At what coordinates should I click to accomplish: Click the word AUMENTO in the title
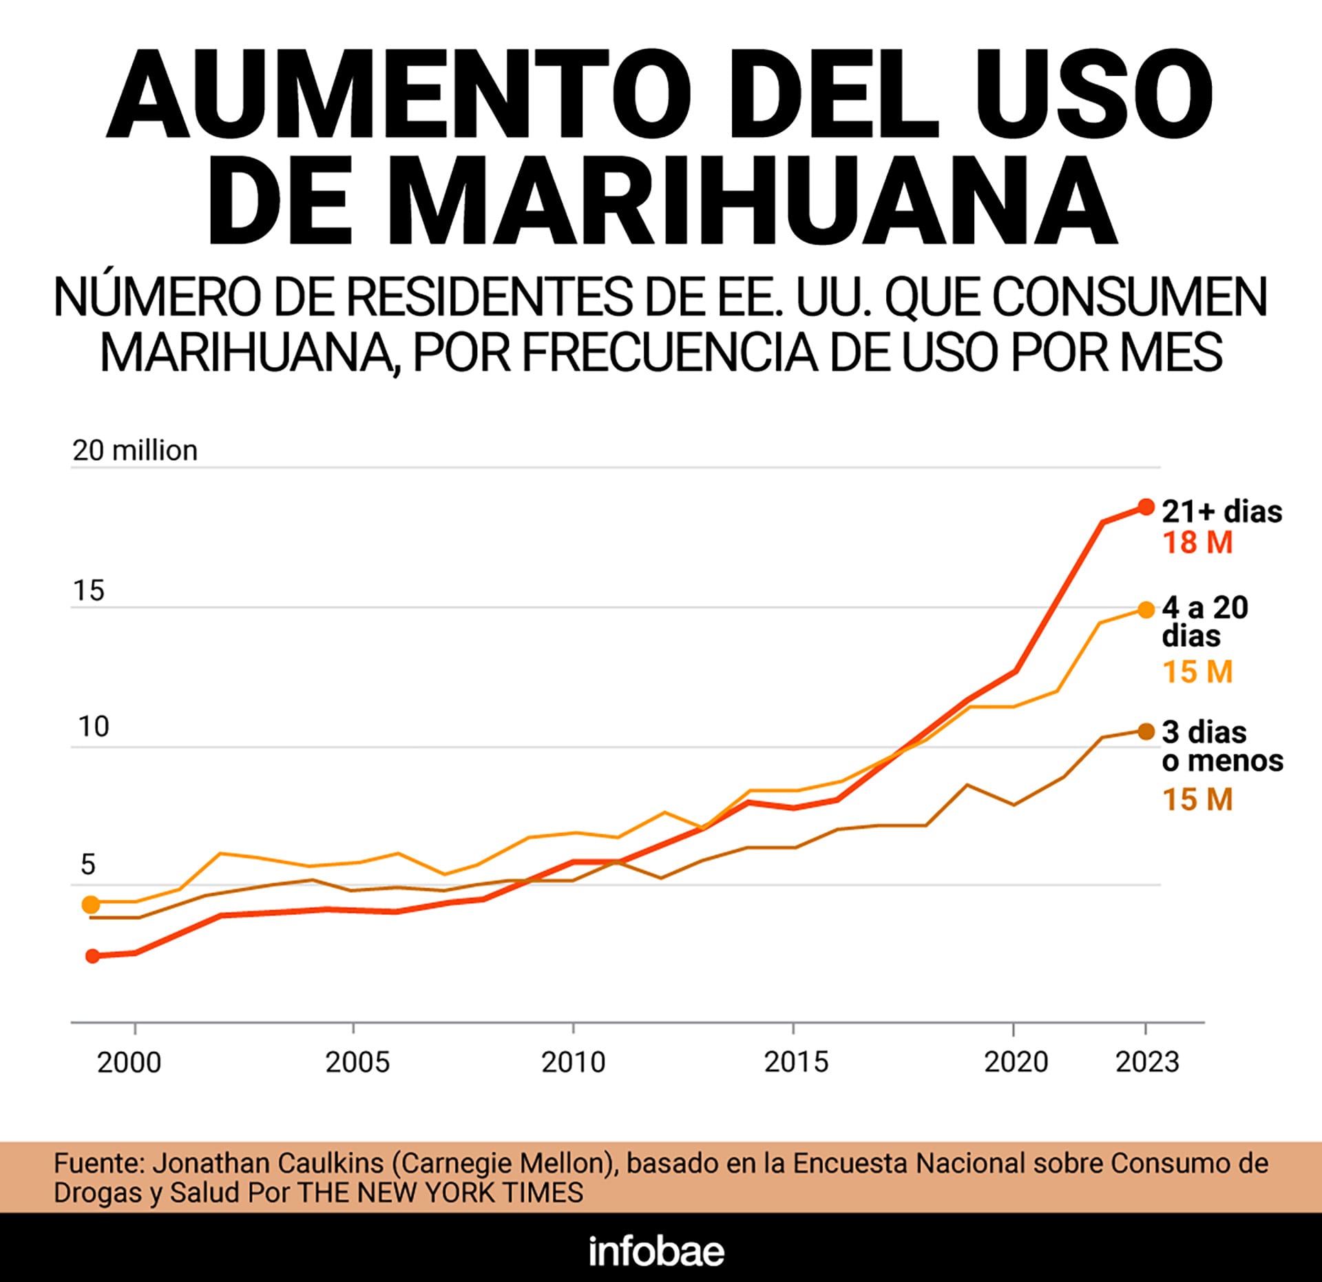point(399,95)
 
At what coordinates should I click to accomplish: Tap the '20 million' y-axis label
point(135,451)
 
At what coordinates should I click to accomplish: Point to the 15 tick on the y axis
point(88,591)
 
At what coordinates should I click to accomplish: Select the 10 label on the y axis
point(93,727)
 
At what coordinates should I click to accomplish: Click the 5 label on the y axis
point(87,865)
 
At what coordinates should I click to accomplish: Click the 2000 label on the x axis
point(129,1062)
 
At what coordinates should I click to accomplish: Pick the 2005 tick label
point(357,1062)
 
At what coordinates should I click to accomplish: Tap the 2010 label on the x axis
point(573,1062)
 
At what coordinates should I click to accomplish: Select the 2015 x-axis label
point(796,1062)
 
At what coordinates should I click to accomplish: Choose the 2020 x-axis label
point(1016,1062)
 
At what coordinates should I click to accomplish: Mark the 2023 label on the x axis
point(1147,1062)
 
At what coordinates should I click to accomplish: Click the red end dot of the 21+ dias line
point(1146,507)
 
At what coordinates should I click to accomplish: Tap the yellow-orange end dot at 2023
point(1146,610)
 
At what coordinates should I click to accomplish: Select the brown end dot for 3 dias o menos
point(1146,732)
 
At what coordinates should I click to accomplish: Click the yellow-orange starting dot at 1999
point(91,904)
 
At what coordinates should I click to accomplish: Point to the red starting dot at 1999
point(92,955)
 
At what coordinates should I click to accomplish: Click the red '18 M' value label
point(1197,543)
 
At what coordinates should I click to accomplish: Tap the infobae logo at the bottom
point(656,1251)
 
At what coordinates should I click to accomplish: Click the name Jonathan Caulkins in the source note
point(268,1164)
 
